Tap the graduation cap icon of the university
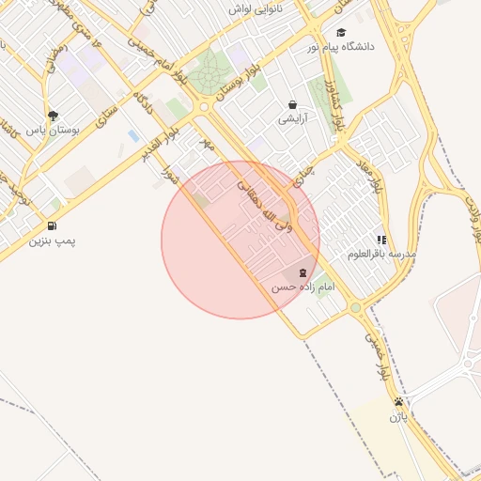coord(341,32)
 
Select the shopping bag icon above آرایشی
coord(293,105)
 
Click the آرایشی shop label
coord(292,119)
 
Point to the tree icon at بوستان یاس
coord(51,116)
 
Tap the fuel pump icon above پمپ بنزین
coord(51,226)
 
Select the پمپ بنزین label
coord(52,241)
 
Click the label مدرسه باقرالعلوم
coord(381,254)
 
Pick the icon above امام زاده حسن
coord(302,273)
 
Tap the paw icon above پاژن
coord(399,401)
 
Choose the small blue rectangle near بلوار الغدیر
coord(132,137)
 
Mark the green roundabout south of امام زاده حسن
coord(355,307)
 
